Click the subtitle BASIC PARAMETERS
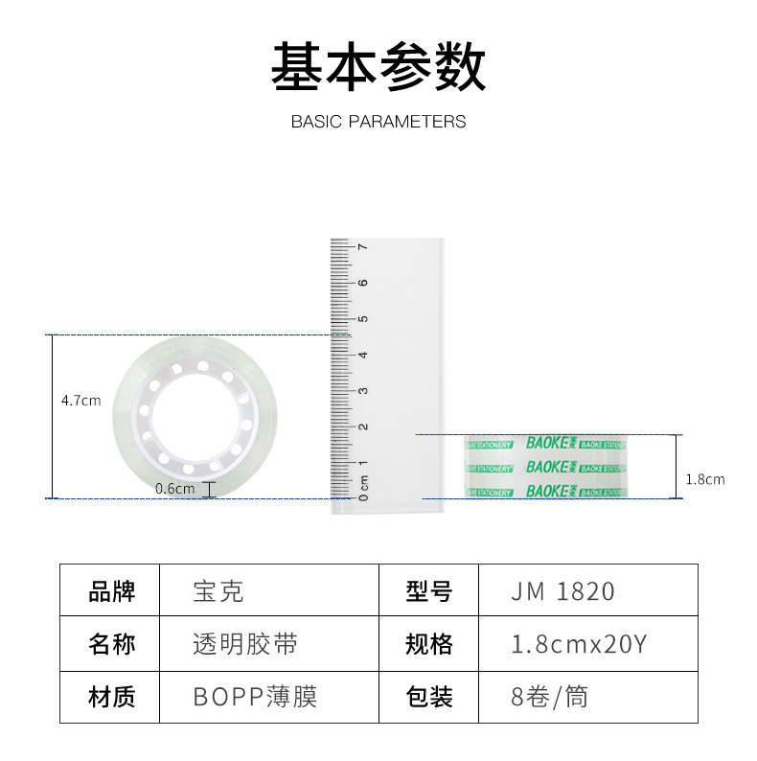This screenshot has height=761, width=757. tap(378, 122)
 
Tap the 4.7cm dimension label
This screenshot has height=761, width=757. tap(80, 401)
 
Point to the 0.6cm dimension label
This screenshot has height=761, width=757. tap(175, 488)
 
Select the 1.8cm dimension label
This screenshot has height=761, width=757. tap(706, 478)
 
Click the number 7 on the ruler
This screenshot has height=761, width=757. tap(362, 247)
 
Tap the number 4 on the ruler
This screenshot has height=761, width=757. tap(362, 355)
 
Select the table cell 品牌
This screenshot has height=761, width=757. tap(112, 590)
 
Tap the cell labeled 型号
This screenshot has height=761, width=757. tap(428, 590)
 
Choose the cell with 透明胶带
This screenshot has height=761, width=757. tap(245, 643)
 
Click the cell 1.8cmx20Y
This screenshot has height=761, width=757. tap(579, 643)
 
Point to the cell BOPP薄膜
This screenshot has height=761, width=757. tap(255, 696)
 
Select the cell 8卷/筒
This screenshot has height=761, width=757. tap(550, 696)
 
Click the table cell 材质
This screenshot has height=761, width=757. tap(112, 696)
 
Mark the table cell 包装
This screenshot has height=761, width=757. tap(428, 696)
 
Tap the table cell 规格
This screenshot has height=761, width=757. tap(428, 643)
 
